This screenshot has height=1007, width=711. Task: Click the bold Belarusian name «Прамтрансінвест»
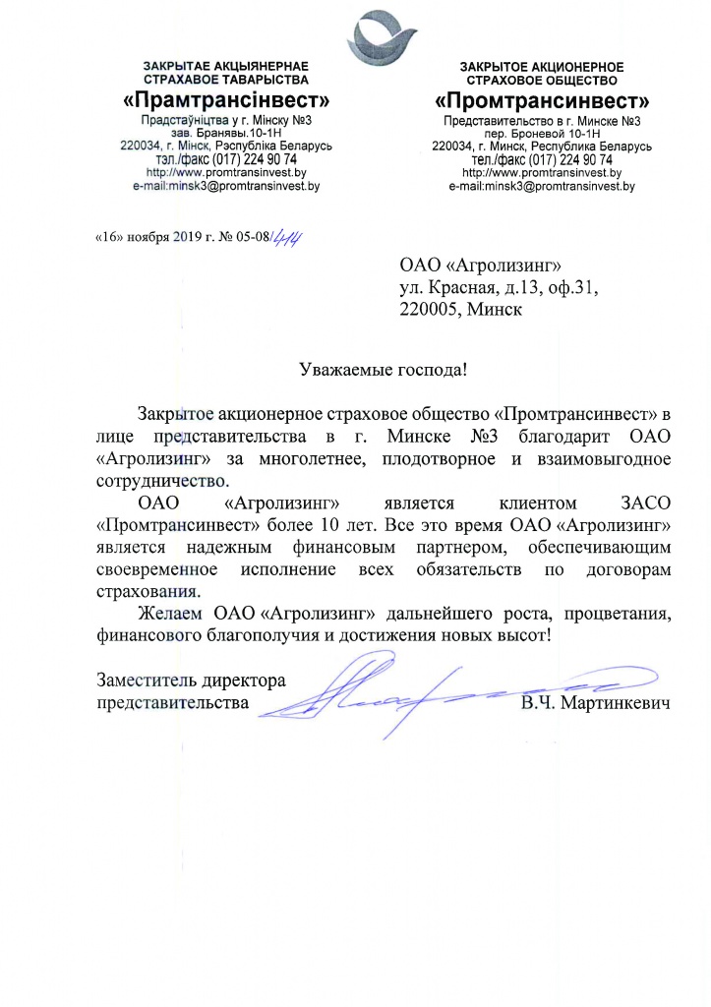point(226,100)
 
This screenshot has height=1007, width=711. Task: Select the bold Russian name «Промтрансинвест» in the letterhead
point(542,100)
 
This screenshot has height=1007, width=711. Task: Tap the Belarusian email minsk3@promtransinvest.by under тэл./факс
point(226,184)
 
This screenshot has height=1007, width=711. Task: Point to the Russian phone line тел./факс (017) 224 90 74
point(542,159)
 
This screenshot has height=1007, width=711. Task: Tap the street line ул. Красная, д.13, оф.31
point(499,288)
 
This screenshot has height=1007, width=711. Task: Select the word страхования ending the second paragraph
point(148,592)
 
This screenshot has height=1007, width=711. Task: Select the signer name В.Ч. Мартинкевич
point(597,705)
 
